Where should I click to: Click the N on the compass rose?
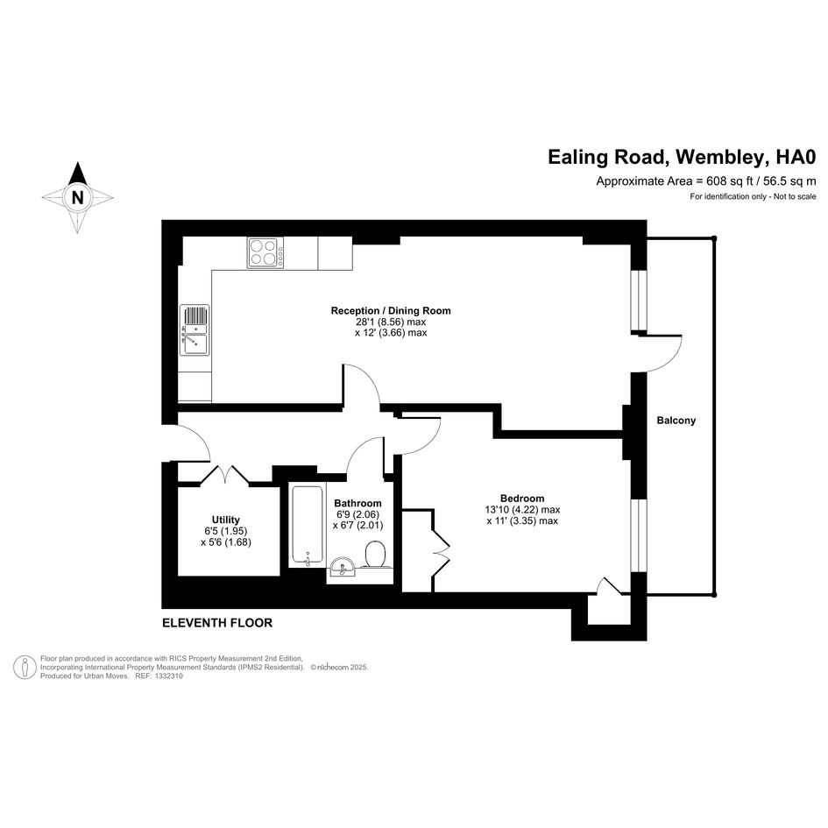78,197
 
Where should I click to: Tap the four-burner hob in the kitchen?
265,252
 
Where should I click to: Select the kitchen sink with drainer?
195,330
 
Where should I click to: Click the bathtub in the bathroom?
307,527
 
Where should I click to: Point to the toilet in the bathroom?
376,554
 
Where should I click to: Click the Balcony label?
676,421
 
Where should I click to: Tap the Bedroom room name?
522,498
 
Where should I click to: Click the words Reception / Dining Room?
391,310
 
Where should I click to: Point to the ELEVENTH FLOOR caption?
217,623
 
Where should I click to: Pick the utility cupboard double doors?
225,474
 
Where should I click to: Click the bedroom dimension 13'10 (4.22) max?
522,510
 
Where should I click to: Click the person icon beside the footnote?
25,667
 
